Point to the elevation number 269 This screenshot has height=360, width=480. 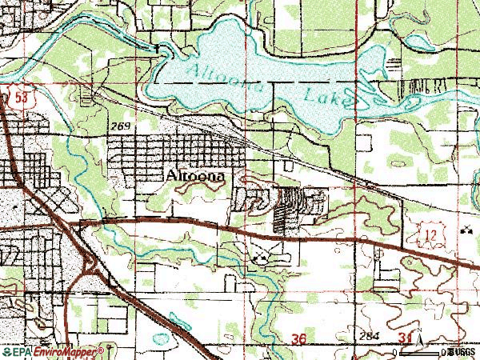click(x=121, y=127)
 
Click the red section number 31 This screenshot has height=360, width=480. click(x=406, y=340)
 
